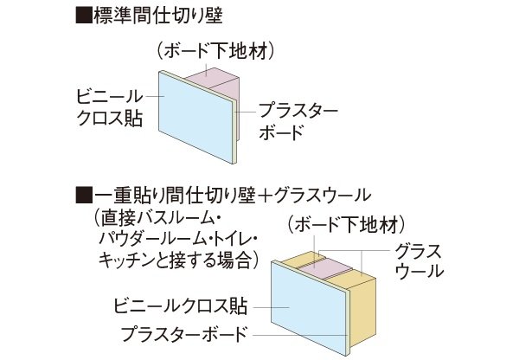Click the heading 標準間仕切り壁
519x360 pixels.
click(x=158, y=16)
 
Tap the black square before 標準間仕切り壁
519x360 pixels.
click(x=84, y=16)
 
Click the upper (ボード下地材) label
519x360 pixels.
click(x=215, y=52)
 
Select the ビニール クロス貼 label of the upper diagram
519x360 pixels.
click(x=110, y=107)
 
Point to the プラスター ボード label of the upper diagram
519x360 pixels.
click(x=298, y=121)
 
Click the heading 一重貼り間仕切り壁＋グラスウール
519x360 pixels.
click(x=233, y=195)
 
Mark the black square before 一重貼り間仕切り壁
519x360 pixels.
click(x=84, y=195)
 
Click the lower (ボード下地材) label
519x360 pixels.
click(x=345, y=225)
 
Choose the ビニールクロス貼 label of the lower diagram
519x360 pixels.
click(x=181, y=305)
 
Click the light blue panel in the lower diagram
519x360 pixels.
click(x=309, y=308)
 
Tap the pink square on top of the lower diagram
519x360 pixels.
click(x=324, y=268)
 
